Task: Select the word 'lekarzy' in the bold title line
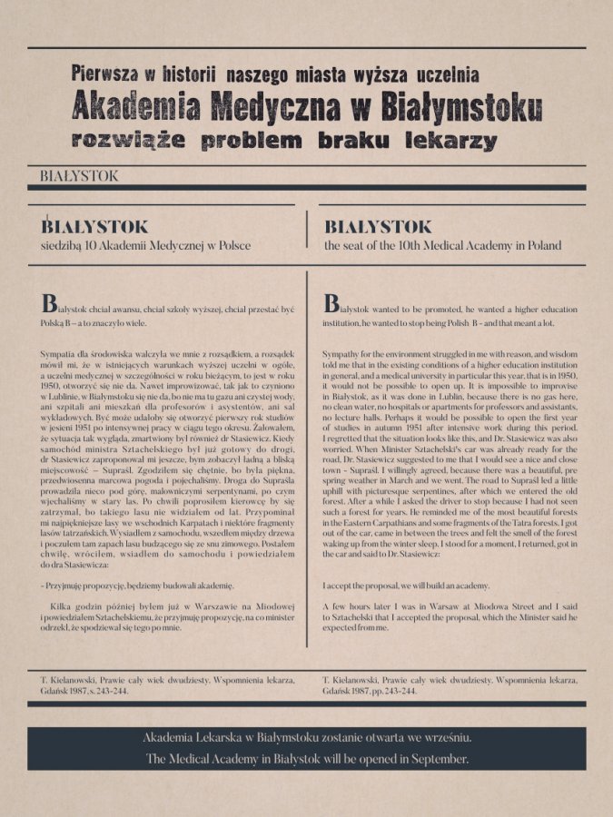click(450, 142)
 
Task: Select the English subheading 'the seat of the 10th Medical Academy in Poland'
click(442, 245)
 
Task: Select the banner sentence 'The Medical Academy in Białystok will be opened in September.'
click(307, 759)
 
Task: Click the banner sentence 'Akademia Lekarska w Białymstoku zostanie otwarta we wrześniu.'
click(307, 738)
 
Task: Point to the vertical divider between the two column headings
click(310, 232)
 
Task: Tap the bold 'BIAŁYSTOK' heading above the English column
click(378, 226)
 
